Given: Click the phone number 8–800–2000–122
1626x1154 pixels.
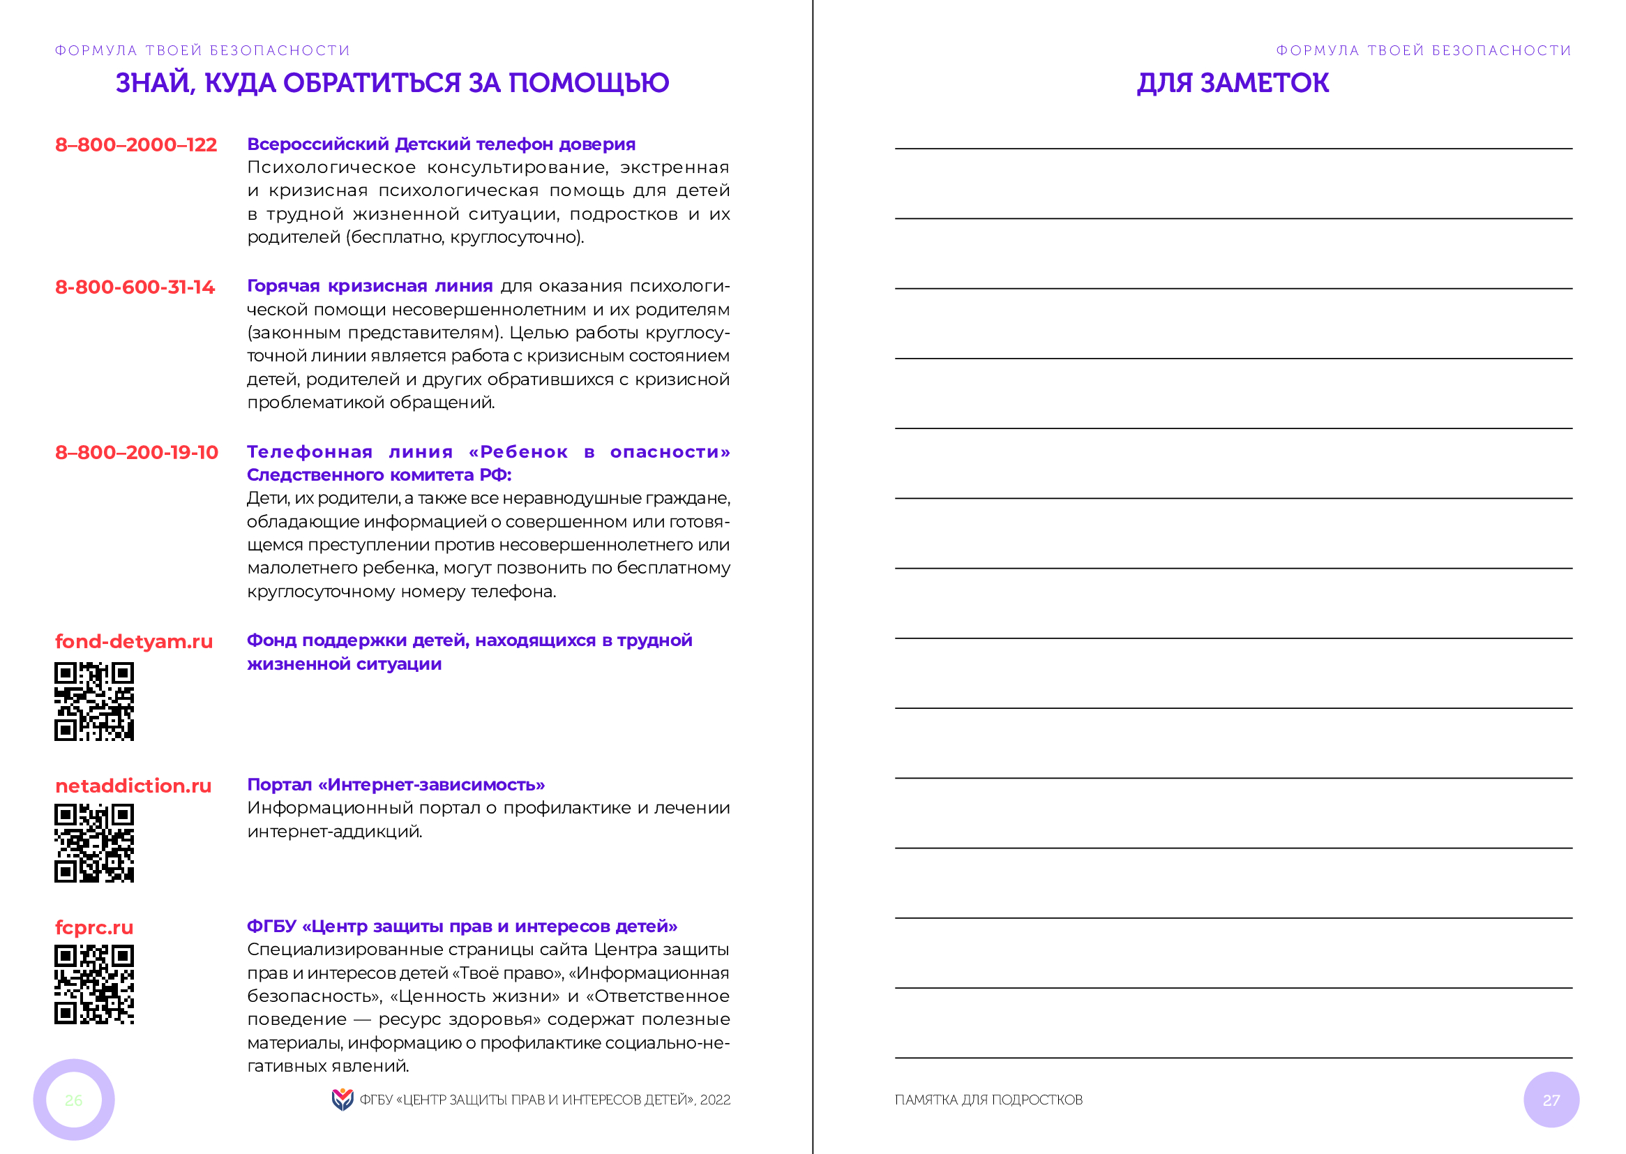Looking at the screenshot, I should (x=136, y=145).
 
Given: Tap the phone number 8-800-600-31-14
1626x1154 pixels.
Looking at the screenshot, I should (x=135, y=287).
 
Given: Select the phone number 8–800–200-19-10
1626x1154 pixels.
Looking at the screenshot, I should (x=137, y=453).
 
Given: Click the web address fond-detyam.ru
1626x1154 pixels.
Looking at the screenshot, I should (x=133, y=642).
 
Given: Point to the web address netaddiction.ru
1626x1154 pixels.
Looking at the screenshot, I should (x=133, y=786).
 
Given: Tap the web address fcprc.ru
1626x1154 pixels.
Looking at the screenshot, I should (x=93, y=927).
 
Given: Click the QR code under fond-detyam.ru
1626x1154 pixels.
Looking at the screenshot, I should (x=93, y=702).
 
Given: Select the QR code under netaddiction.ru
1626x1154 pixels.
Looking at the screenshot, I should (x=93, y=844).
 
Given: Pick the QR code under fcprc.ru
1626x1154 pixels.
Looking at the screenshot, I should (x=93, y=985).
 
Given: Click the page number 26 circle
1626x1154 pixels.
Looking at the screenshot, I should (x=74, y=1100).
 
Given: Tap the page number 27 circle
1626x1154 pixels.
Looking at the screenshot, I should (x=1551, y=1100).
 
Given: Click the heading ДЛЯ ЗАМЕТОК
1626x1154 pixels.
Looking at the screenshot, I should (x=1233, y=83).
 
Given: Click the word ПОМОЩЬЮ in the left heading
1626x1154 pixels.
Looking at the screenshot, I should (x=589, y=83).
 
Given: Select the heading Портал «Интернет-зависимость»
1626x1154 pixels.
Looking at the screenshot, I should (x=396, y=784).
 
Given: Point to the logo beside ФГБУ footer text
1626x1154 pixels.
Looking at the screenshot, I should (x=342, y=1100).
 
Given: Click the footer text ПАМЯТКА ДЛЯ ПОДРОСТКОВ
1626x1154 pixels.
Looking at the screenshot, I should (x=988, y=1100).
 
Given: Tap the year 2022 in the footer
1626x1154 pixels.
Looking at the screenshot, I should (x=714, y=1100).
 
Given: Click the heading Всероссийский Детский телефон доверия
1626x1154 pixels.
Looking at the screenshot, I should (x=441, y=144).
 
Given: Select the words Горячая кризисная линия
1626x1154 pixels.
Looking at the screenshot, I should (x=370, y=286).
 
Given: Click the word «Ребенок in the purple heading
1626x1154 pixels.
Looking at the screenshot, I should (x=518, y=452).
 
